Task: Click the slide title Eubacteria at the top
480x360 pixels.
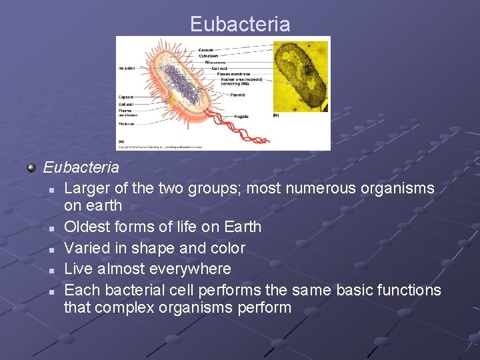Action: tap(240, 25)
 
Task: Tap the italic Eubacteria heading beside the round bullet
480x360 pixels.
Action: tap(81, 167)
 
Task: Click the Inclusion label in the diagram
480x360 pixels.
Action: tap(127, 68)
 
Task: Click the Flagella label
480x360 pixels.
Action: tap(241, 117)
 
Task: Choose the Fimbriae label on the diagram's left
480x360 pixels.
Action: tap(127, 124)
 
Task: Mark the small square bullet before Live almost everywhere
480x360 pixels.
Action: tap(51, 270)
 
